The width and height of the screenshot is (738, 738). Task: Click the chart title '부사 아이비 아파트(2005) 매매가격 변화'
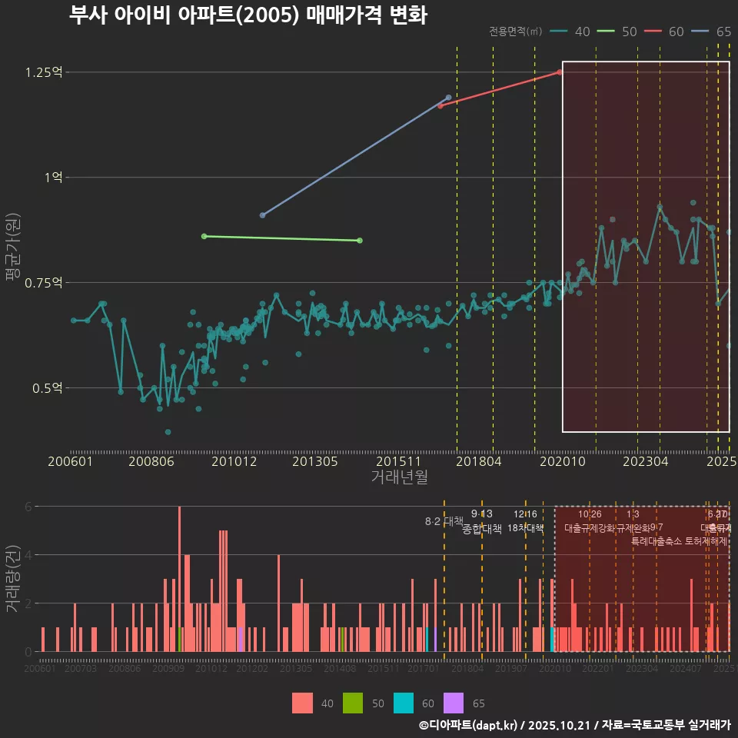248,15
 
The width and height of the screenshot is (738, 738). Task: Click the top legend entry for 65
711,32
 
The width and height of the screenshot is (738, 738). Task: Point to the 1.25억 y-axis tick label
43,72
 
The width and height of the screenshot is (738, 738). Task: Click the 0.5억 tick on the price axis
46,388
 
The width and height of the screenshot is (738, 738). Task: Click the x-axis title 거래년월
399,477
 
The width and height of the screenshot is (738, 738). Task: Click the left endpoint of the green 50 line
204,236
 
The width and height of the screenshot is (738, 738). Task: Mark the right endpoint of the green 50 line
360,241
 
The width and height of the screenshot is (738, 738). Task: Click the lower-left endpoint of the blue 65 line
262,215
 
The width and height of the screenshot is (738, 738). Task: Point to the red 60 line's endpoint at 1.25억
560,72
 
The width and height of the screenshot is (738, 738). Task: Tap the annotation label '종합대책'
482,529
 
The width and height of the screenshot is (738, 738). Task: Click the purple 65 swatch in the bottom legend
454,703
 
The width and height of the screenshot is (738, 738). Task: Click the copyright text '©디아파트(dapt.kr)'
469,725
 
